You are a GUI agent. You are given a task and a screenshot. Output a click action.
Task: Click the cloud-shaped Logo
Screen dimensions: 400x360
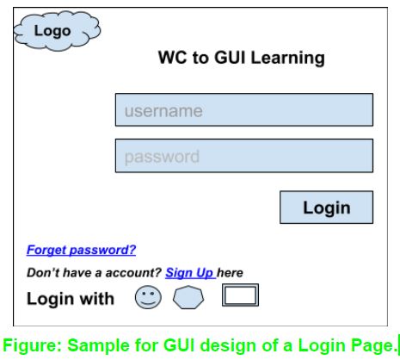[x=58, y=31]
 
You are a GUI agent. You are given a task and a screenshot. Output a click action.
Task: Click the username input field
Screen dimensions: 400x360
[x=244, y=109]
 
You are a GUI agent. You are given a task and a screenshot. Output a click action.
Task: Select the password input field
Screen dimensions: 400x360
[x=244, y=156]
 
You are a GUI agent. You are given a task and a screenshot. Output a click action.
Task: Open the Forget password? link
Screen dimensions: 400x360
[x=81, y=250]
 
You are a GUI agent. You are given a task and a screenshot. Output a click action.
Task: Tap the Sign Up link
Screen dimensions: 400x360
[x=190, y=273]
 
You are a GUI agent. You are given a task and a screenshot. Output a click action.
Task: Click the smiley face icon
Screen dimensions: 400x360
[x=148, y=297]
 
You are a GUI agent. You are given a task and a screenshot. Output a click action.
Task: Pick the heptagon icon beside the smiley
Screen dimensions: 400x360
[x=188, y=297]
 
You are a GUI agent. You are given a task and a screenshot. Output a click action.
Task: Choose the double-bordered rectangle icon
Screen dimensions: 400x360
[x=240, y=295]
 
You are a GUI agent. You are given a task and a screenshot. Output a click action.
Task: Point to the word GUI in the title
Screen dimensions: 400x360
[x=230, y=57]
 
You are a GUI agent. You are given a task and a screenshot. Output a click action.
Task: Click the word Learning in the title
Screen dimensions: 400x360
[x=288, y=58]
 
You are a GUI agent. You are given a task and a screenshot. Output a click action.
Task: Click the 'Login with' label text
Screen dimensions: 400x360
[x=71, y=299]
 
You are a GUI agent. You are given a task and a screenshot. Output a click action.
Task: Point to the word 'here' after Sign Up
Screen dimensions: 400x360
[x=230, y=273]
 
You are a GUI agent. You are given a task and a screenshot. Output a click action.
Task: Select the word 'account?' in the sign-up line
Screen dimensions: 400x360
[x=133, y=273]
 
